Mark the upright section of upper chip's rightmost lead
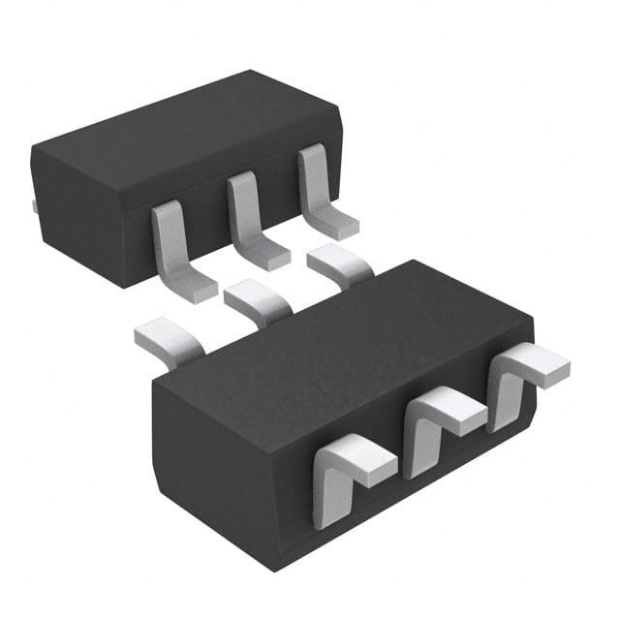coord(313,179)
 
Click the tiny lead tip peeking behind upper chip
coord(34,205)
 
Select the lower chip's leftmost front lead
coord(344,475)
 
